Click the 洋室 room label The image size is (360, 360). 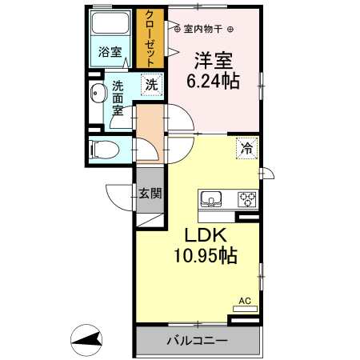point(210,60)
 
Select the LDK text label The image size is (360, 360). point(208,236)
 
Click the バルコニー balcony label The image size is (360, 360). point(197,341)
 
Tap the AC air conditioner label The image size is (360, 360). point(245,302)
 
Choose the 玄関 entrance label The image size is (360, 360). point(150,193)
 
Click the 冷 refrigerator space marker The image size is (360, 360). point(248,148)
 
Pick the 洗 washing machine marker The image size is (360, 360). point(151,82)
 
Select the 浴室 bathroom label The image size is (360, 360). point(110,53)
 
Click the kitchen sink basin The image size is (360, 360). point(212,198)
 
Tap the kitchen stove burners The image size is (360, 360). point(245,198)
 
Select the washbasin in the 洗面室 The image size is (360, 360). point(97,94)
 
